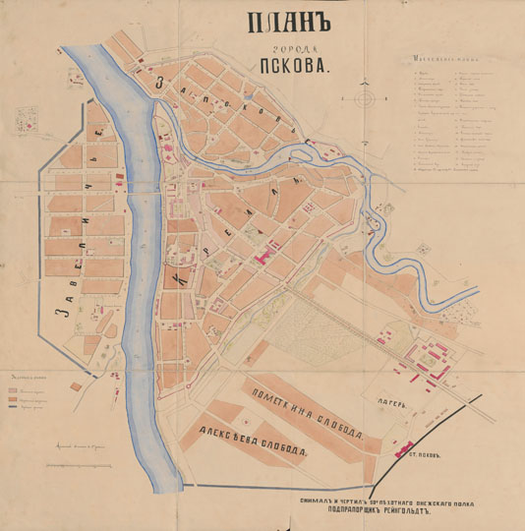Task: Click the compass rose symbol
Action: [366, 99]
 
